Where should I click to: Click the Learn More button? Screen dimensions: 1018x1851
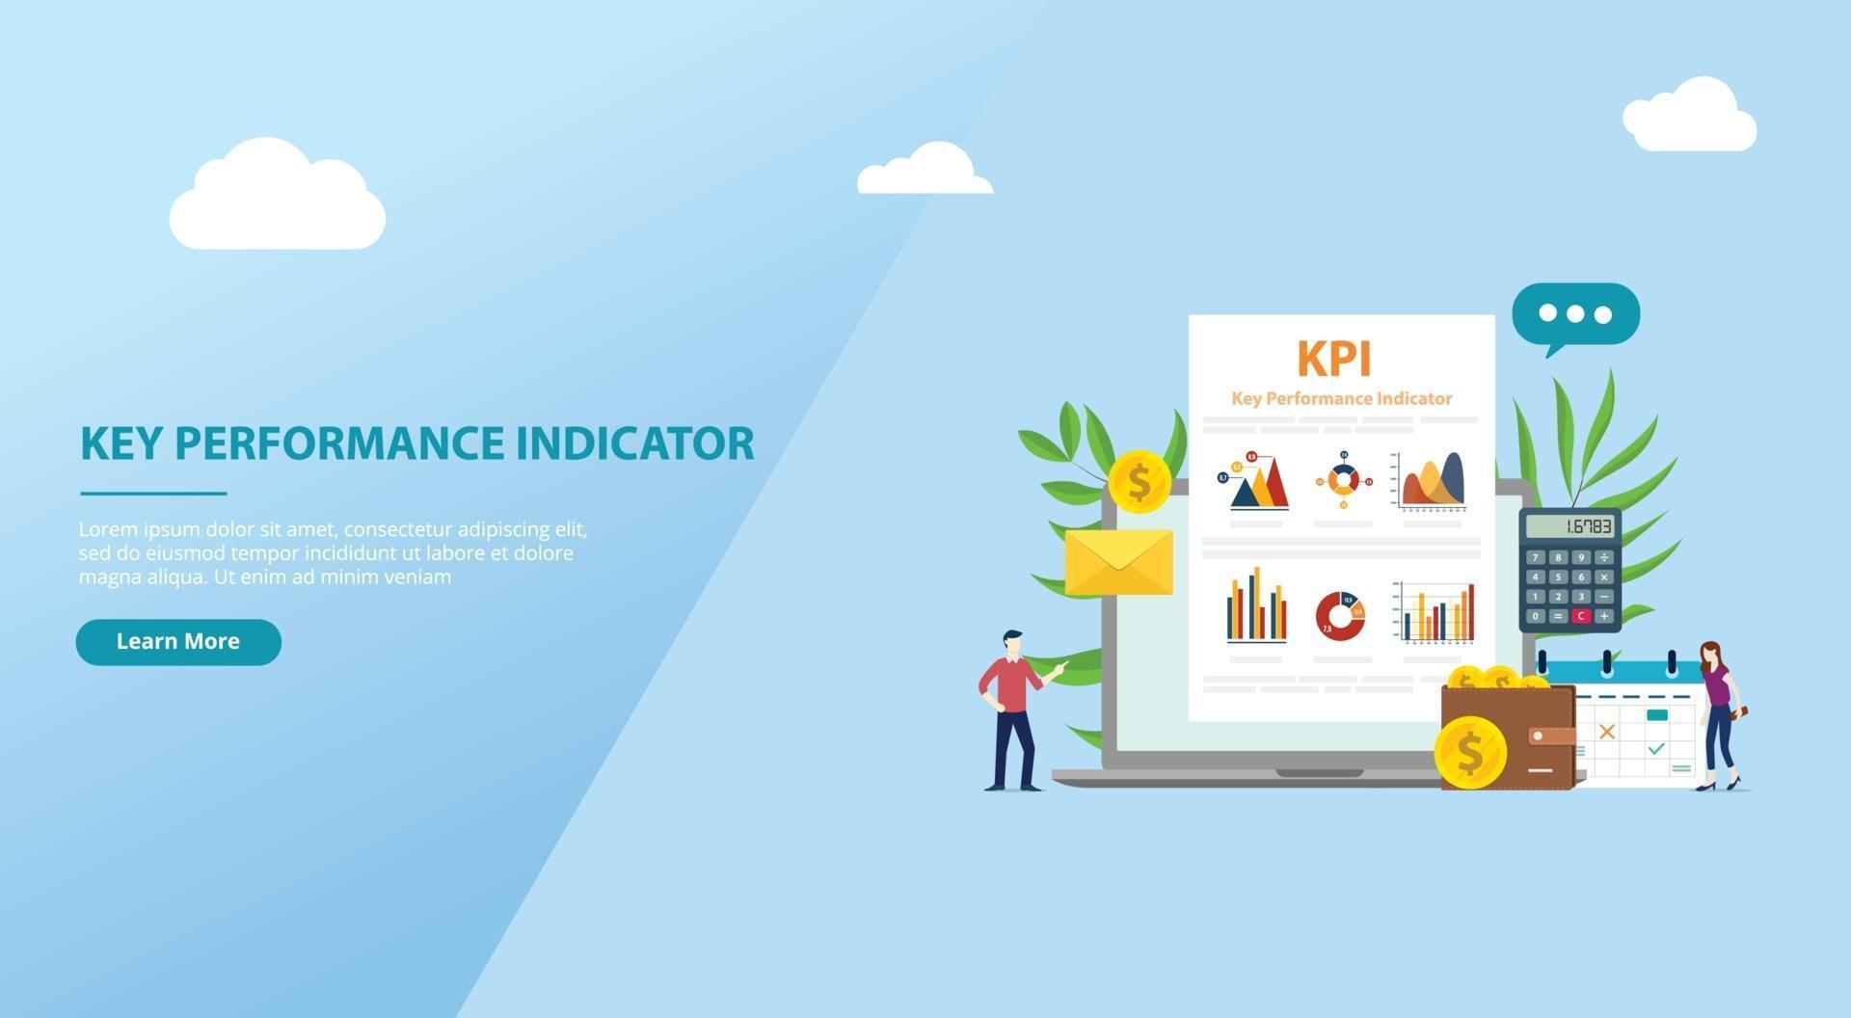pos(178,642)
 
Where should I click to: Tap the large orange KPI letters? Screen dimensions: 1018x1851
pos(1333,359)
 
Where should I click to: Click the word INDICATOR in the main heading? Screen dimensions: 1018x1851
pos(634,443)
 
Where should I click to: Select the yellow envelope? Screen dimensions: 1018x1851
pos(1118,561)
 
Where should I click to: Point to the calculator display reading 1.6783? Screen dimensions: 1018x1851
pos(1569,526)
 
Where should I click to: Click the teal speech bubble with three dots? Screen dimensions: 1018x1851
pos(1575,314)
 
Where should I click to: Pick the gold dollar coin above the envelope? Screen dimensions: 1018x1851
pos(1139,482)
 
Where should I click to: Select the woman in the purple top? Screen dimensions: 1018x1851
pos(1717,713)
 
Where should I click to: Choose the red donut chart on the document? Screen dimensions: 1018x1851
pos(1340,616)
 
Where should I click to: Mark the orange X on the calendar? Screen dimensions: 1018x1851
pos(1606,732)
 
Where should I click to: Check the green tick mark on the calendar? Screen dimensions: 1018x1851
pos(1656,748)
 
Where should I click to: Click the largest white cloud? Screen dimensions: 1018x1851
pos(278,199)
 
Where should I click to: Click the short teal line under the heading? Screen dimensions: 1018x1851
pos(153,494)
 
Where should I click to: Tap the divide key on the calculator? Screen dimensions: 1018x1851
pos(1603,557)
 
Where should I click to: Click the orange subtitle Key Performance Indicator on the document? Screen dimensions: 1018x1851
pos(1341,399)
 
